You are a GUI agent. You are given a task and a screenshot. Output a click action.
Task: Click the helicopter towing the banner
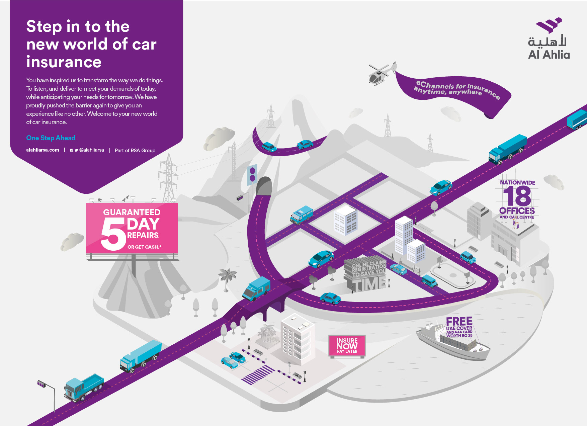380,74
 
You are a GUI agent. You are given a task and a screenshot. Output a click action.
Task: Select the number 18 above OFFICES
517,196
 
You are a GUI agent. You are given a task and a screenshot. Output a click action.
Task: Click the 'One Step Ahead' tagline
51,138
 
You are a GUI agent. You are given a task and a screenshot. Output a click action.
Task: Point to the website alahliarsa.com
43,150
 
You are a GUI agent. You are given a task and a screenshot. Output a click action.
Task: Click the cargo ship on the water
452,341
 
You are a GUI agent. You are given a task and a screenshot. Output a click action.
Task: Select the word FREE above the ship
459,322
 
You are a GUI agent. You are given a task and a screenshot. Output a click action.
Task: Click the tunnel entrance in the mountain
264,187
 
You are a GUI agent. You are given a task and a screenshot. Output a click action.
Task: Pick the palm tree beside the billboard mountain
228,278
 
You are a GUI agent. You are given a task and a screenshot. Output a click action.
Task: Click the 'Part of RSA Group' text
135,151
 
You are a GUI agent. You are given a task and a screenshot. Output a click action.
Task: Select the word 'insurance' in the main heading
64,62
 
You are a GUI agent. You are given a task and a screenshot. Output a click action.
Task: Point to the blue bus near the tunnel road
302,215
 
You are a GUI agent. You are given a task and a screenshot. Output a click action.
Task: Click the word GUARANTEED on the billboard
132,212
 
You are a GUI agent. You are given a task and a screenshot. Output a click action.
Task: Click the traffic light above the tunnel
252,174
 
